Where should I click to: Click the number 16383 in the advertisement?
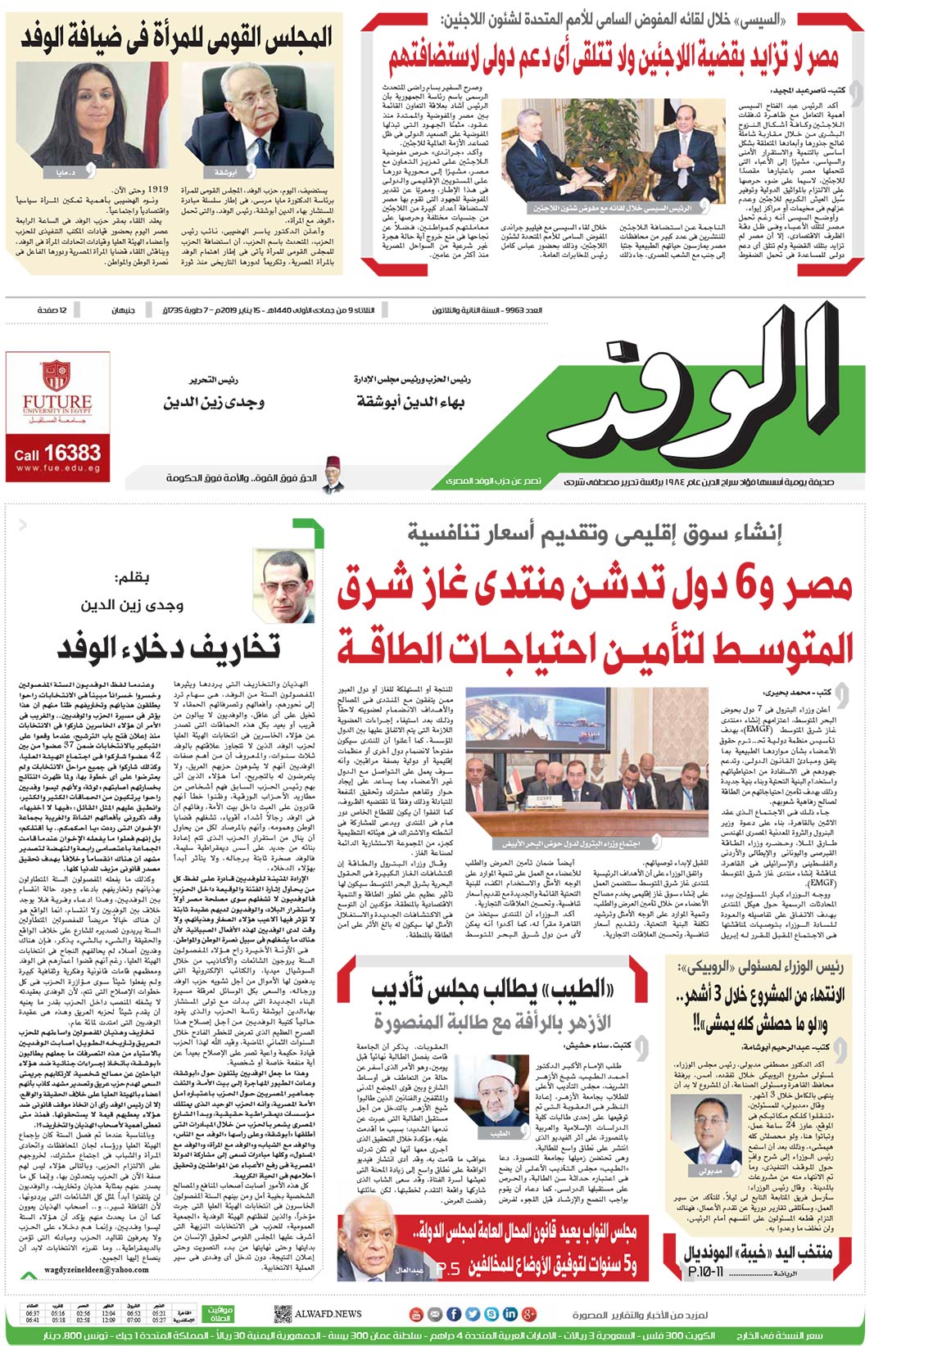[72, 452]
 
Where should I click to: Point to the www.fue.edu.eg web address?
[57, 468]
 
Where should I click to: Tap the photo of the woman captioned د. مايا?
[55, 120]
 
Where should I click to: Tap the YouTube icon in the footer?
[416, 1314]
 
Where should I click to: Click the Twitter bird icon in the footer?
[473, 1314]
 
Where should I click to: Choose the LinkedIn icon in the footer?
[509, 1314]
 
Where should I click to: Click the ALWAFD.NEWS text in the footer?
[329, 1314]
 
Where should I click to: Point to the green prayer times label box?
[220, 1314]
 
